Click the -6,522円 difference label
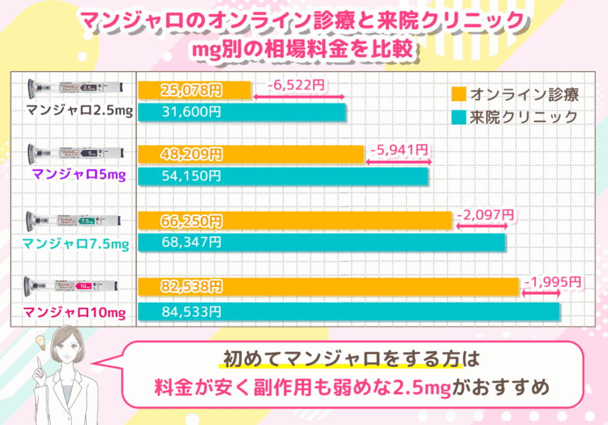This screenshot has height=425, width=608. [x=298, y=84]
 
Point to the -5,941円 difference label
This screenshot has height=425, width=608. [x=399, y=149]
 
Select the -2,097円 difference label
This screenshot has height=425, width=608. [x=486, y=213]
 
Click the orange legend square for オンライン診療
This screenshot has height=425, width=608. [x=459, y=94]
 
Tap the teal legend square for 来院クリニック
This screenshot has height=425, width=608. [x=459, y=117]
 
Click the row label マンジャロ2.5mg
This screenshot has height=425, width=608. [x=80, y=111]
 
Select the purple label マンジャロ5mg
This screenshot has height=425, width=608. [x=79, y=174]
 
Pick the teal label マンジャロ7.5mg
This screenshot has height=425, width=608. [x=76, y=244]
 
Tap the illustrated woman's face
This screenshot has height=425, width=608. [x=71, y=350]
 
